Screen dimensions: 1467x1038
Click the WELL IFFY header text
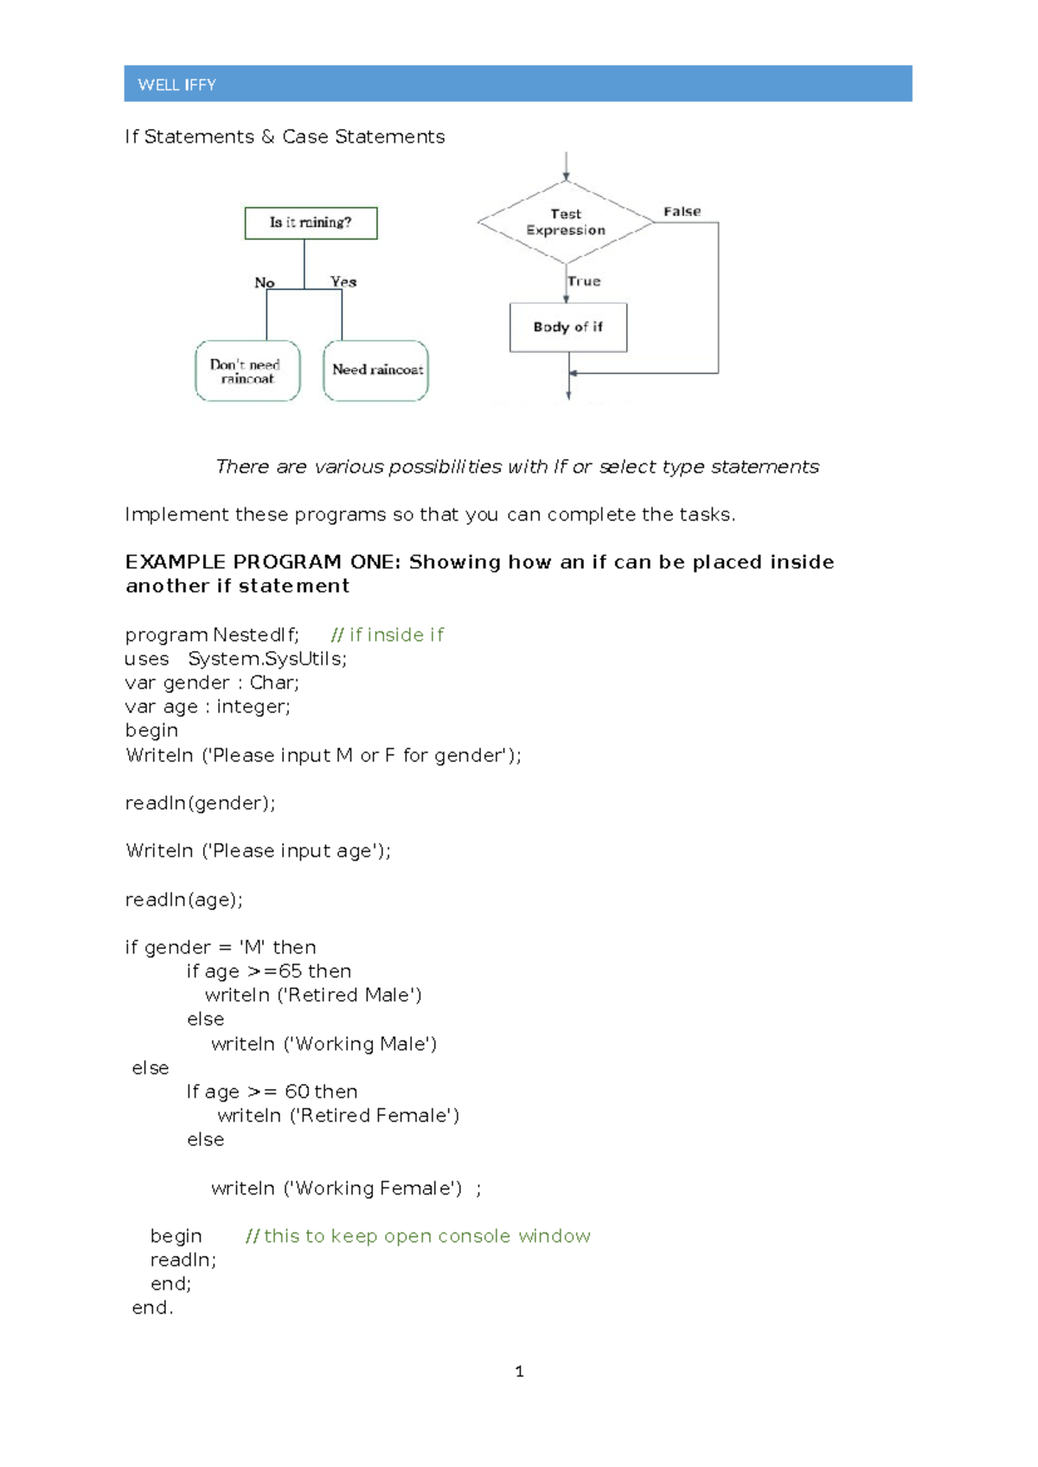pos(176,85)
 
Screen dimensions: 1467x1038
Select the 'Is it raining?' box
pos(311,222)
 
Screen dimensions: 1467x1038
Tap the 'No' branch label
pos(264,282)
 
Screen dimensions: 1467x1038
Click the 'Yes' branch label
pos(343,281)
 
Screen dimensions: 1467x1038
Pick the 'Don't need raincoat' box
pos(247,371)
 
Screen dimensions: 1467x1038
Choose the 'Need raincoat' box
pos(376,370)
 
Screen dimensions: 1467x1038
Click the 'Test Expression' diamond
pos(566,222)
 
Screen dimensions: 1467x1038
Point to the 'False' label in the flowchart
pos(682,211)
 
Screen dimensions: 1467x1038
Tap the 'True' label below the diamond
pos(584,281)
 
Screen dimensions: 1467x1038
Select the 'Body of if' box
pos(568,327)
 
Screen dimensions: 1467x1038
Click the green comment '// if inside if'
pos(388,635)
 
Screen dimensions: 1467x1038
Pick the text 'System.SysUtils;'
pos(267,659)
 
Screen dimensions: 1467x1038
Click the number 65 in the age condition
pos(290,971)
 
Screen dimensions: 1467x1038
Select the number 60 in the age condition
pos(297,1092)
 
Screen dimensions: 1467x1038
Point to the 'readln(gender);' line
pos(201,803)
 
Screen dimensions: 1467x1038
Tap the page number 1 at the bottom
pos(519,1371)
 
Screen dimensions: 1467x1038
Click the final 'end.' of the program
pos(152,1308)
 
